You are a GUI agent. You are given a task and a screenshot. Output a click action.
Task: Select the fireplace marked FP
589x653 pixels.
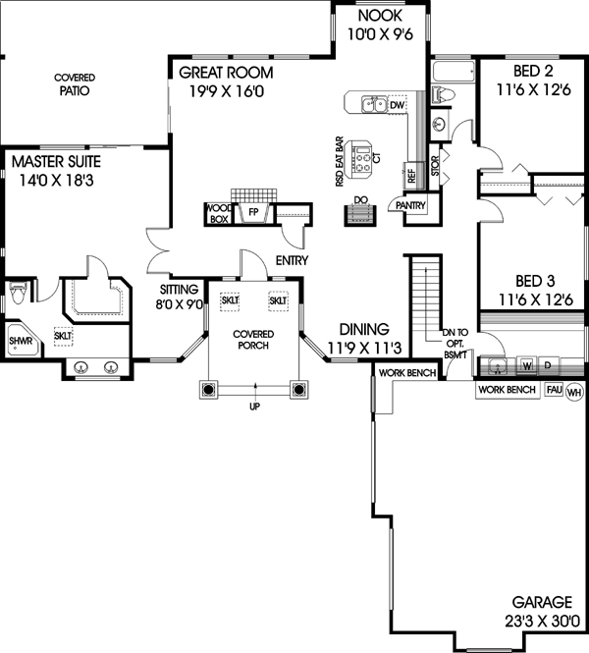point(252,211)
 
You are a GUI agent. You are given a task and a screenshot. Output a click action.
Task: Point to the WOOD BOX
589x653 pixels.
point(218,214)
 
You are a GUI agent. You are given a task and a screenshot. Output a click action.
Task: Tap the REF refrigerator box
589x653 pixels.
point(412,175)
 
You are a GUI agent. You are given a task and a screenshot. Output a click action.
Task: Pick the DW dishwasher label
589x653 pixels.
point(397,103)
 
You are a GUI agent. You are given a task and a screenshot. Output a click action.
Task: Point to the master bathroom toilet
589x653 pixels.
point(17,292)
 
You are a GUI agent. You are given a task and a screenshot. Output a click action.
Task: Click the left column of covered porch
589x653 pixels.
point(208,390)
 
